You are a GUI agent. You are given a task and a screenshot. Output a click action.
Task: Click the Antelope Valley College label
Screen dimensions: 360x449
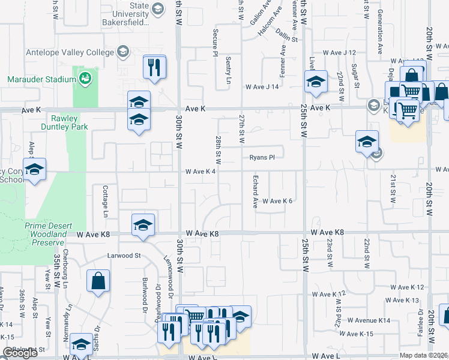click(x=70, y=52)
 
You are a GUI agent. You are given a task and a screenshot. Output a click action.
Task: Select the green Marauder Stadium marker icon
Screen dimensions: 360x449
click(x=85, y=78)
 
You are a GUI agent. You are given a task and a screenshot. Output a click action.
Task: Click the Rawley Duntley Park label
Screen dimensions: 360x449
click(x=69, y=122)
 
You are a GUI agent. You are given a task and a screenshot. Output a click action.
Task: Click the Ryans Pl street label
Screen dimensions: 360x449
click(x=262, y=158)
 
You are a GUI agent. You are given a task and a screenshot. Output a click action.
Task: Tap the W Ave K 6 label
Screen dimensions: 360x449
click(x=277, y=201)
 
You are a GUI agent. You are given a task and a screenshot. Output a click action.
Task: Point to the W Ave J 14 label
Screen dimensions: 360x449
click(x=262, y=87)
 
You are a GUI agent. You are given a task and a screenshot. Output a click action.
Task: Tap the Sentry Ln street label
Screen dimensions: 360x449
click(x=229, y=70)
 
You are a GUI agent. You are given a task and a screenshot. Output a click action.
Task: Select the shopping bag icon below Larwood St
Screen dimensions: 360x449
click(x=98, y=281)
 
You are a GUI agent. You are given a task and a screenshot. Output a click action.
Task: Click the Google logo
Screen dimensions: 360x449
click(x=20, y=353)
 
